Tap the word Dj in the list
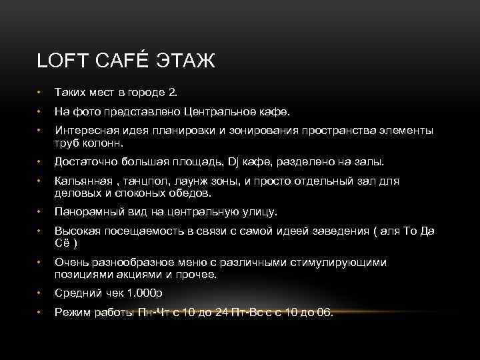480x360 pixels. point(235,161)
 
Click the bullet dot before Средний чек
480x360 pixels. point(40,293)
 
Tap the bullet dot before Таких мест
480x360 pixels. point(40,92)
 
